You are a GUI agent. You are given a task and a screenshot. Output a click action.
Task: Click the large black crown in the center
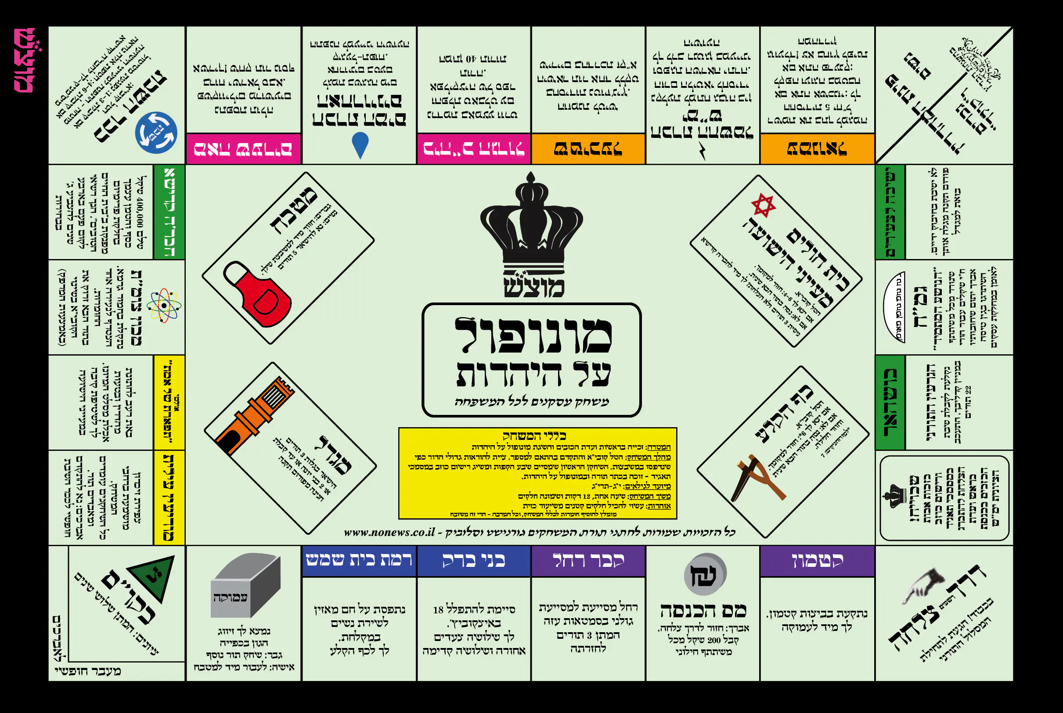[531, 223]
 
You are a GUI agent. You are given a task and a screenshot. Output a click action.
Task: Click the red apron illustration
[258, 293]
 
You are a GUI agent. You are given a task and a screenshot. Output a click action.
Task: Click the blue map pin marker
[360, 144]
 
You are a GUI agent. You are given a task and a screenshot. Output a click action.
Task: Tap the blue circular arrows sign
[156, 132]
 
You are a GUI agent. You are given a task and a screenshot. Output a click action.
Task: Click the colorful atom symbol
[165, 305]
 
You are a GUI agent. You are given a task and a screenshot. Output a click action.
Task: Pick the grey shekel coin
[705, 574]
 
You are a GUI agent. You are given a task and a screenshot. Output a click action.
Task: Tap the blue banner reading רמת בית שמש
[359, 560]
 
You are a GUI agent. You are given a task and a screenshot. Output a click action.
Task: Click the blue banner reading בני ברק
[474, 560]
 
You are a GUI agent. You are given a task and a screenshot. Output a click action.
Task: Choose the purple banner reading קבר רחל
[588, 560]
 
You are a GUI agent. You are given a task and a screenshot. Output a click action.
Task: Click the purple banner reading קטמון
[817, 560]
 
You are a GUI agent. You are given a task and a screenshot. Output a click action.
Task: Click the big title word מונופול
[533, 335]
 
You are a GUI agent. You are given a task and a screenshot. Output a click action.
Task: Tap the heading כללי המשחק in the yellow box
[534, 436]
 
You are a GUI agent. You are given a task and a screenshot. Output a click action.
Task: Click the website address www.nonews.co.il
[389, 532]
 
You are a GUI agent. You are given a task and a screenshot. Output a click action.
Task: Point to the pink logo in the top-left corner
[25, 60]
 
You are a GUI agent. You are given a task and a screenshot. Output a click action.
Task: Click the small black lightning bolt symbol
[703, 151]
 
